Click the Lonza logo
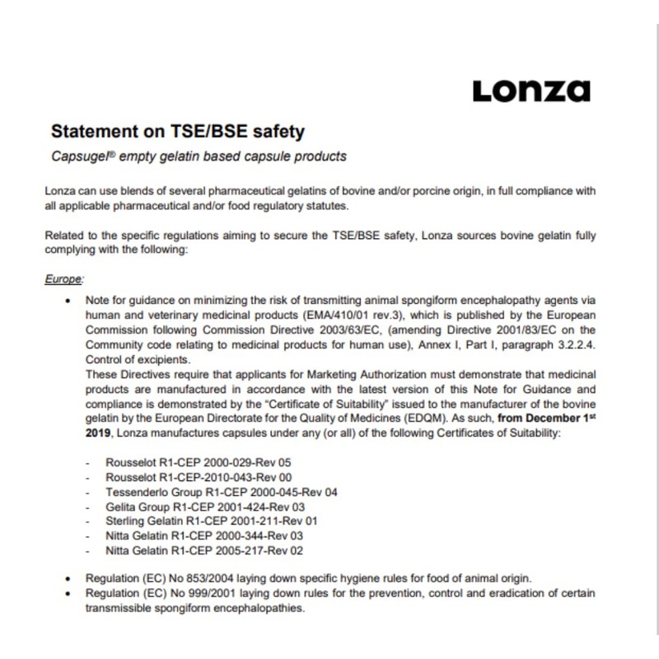click(x=531, y=90)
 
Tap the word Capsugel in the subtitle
click(x=77, y=156)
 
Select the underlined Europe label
click(x=63, y=279)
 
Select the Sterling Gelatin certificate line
click(x=200, y=521)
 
